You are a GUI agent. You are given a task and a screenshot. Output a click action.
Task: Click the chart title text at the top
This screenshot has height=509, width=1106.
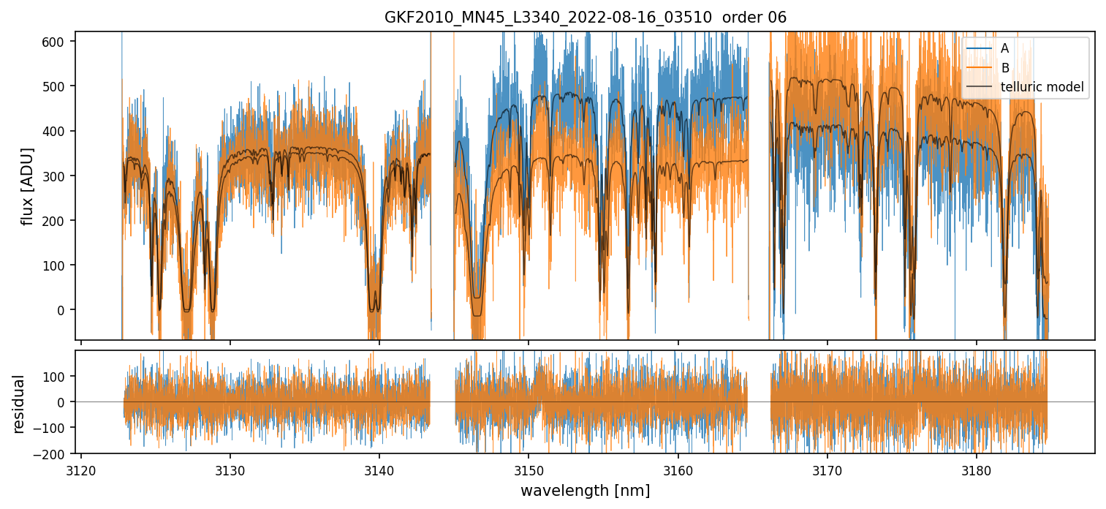(x=585, y=18)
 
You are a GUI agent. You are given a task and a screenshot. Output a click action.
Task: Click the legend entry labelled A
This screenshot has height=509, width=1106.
(x=1004, y=48)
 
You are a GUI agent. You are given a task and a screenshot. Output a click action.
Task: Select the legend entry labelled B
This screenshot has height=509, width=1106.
(x=1004, y=68)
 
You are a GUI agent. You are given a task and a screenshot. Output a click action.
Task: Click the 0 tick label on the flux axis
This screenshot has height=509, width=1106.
(x=66, y=310)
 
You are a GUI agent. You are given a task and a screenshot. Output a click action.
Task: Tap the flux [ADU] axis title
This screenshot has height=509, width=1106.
(x=28, y=186)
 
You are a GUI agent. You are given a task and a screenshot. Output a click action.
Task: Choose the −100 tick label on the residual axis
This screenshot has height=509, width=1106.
(x=56, y=428)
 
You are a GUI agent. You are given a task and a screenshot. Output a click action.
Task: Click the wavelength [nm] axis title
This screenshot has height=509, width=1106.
(x=585, y=490)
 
